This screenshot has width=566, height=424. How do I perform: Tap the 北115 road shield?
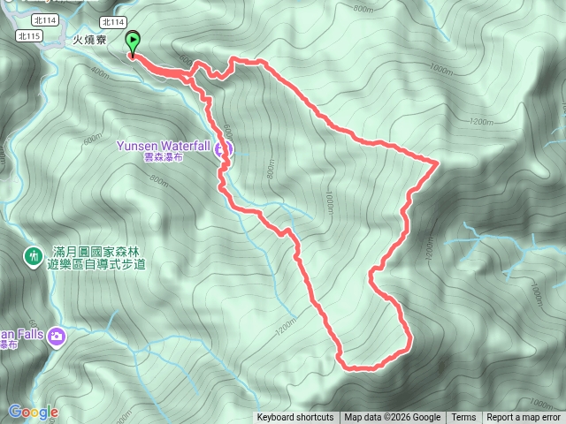tap(29, 35)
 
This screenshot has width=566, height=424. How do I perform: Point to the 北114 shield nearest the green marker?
tap(112, 22)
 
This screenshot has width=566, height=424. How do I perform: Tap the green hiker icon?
tap(33, 256)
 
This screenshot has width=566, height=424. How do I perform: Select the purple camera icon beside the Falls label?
tap(57, 336)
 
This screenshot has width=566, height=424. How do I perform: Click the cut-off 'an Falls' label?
tap(21, 334)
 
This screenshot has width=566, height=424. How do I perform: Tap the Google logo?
tap(34, 412)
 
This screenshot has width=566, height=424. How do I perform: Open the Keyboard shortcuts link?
tap(295, 418)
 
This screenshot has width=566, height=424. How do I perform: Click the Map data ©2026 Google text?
tap(392, 418)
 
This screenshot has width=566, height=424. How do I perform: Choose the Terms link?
tap(463, 418)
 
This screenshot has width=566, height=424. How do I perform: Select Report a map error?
tap(524, 418)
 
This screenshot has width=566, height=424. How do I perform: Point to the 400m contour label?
tap(99, 75)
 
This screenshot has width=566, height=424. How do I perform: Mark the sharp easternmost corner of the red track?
tap(440, 162)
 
